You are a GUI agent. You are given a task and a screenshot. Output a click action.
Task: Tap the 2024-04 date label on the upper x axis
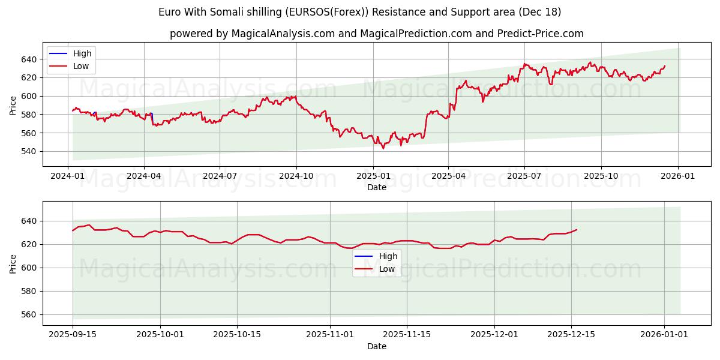143,176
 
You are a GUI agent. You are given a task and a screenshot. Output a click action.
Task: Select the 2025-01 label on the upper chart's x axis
373,176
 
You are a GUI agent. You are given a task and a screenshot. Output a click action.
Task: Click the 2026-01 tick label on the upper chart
678,176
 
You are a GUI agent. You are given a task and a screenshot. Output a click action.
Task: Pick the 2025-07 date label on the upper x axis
525,176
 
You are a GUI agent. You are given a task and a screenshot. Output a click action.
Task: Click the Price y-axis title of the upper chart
13,105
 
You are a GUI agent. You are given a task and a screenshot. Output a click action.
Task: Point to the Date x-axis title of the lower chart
377,346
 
